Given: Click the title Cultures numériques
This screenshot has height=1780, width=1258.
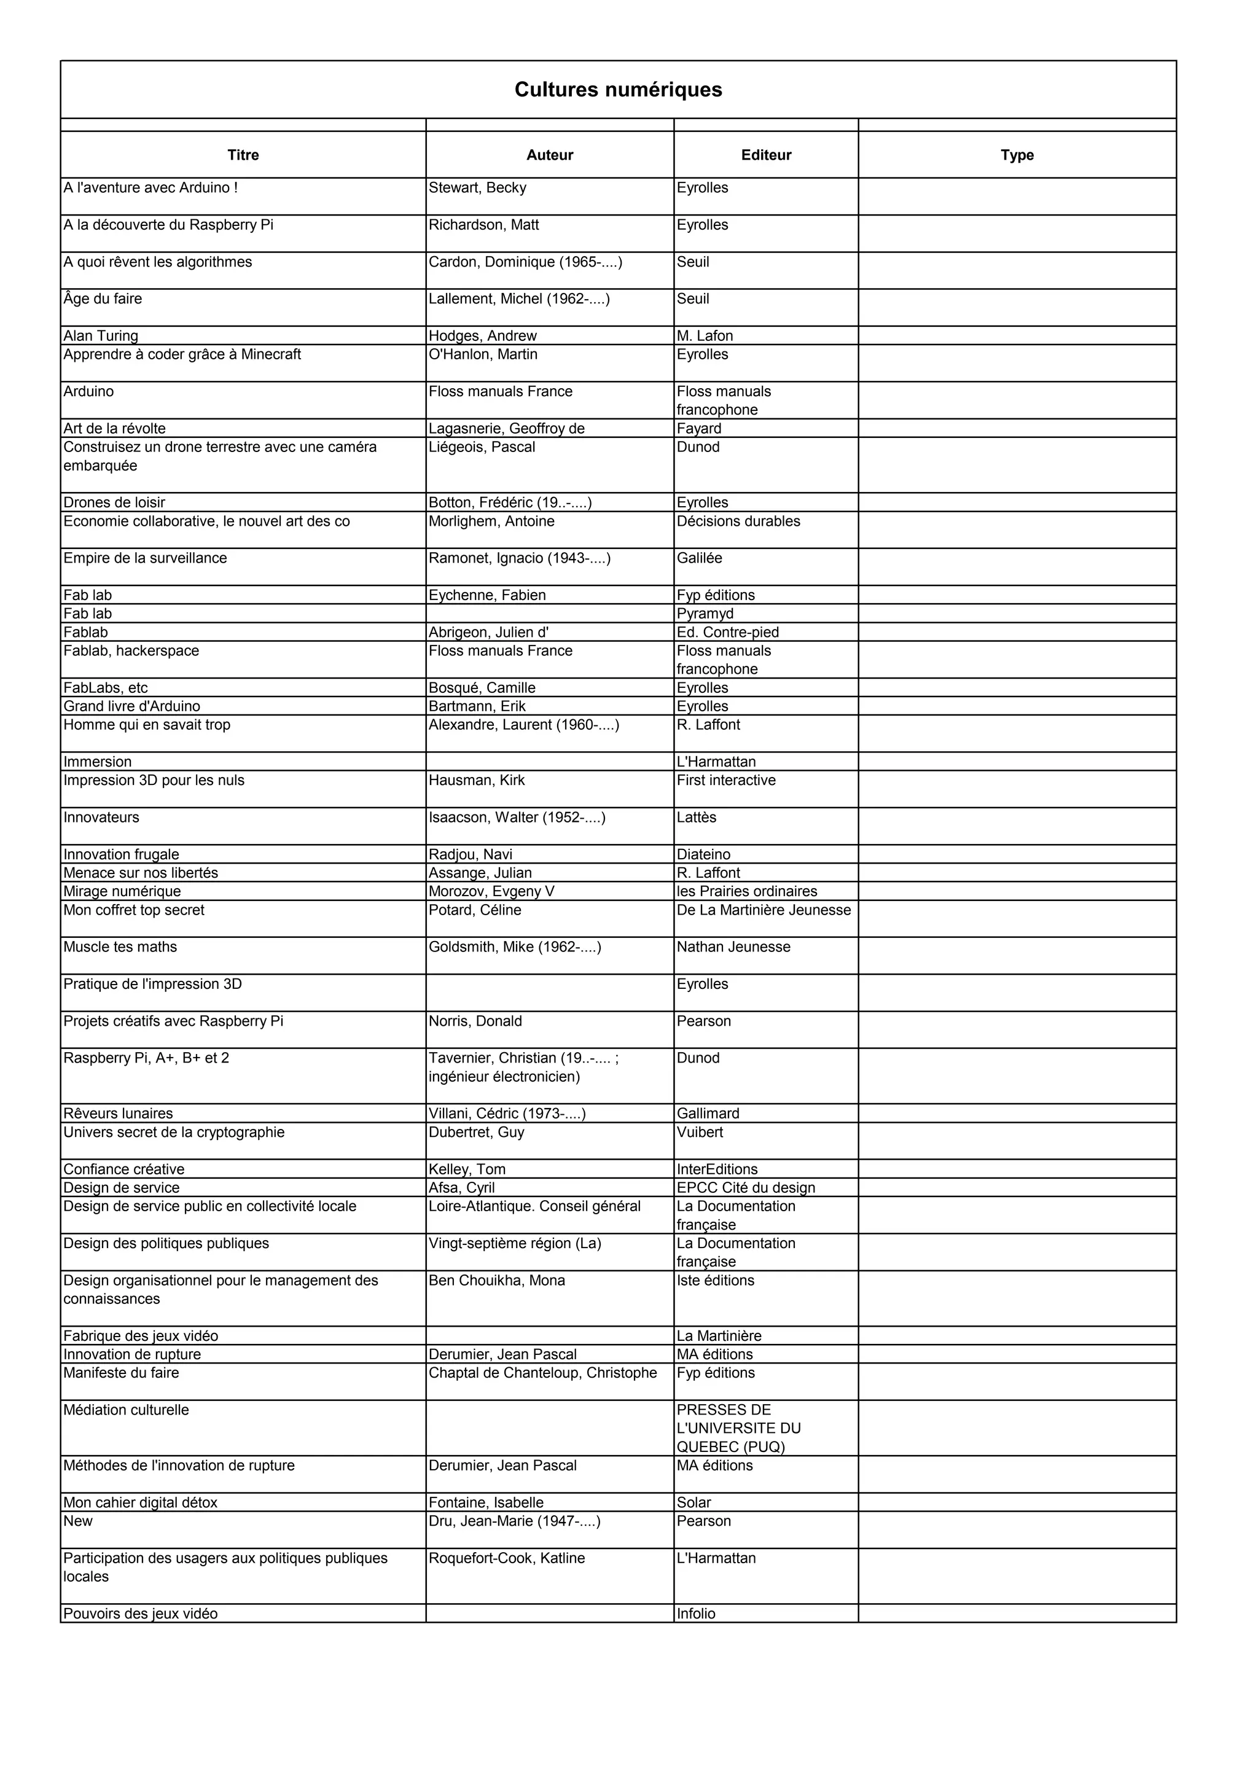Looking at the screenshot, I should [618, 90].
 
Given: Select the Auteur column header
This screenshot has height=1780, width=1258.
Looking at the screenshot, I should [550, 155].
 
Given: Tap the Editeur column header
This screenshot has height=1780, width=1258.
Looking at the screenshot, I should [766, 155].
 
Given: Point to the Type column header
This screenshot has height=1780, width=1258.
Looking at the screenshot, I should [1017, 155].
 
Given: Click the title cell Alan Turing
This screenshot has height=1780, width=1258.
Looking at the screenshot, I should [101, 336].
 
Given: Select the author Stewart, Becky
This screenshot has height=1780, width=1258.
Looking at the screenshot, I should [477, 187].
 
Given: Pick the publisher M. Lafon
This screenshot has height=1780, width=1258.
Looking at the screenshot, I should [705, 336].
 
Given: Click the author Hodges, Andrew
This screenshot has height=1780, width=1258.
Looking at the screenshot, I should [482, 336].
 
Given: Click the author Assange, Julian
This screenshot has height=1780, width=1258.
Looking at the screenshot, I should [480, 873].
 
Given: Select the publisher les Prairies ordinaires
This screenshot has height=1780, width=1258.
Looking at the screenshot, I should [746, 892].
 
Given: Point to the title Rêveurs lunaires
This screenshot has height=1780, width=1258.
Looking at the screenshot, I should [118, 1114].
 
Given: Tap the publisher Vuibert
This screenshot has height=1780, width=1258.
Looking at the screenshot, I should [699, 1133].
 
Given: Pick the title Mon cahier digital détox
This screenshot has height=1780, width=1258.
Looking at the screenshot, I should [140, 1502].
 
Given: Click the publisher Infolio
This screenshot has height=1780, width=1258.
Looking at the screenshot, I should [696, 1614].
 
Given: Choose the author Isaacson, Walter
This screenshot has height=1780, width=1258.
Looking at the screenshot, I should [517, 818].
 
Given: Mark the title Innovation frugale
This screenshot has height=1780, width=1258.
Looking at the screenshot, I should [121, 854].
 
